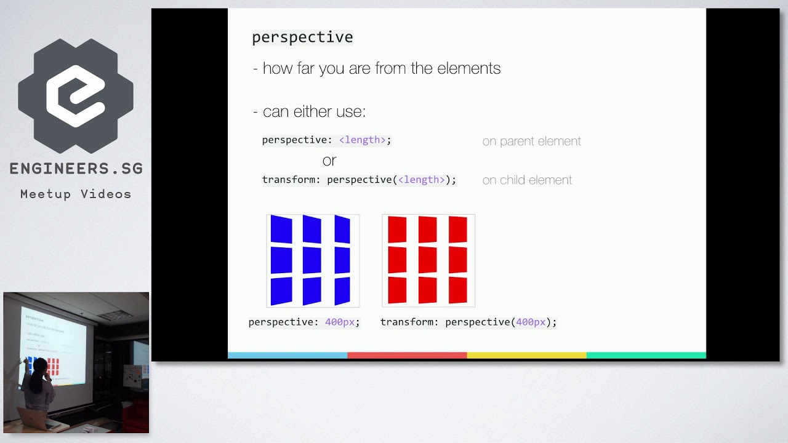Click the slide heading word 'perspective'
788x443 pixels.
[302, 38]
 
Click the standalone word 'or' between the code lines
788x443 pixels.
[329, 161]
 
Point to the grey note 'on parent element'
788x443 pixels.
[531, 142]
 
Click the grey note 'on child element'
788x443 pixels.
[527, 180]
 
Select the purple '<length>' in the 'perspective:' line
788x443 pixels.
[362, 140]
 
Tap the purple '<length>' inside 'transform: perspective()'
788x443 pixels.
[421, 180]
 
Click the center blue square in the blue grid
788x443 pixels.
[312, 260]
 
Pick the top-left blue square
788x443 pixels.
[281, 229]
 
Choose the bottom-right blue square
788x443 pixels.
[342, 290]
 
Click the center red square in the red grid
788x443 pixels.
[427, 260]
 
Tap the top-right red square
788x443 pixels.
[458, 229]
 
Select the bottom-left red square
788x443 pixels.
[397, 290]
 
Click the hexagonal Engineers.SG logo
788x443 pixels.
[76, 96]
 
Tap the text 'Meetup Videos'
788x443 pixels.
[76, 194]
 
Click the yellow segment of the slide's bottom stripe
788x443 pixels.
[526, 355]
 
